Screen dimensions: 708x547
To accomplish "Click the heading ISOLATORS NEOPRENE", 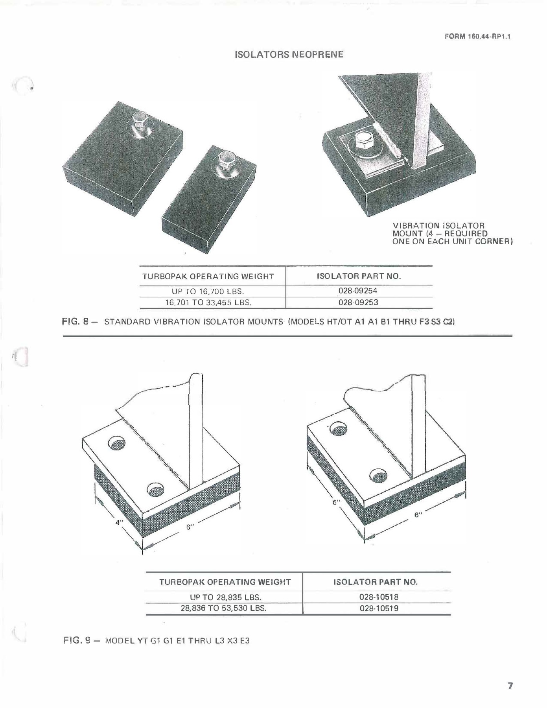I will click(289, 54).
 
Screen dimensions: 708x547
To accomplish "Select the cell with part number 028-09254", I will click(358, 291).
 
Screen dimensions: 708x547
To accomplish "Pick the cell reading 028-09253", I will click(358, 302).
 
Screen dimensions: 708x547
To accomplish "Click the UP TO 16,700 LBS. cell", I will click(208, 291).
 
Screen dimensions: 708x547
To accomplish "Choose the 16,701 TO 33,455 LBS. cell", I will click(208, 302).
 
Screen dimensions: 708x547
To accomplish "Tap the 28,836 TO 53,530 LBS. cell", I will click(223, 608).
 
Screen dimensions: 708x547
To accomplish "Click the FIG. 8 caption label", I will click(79, 322).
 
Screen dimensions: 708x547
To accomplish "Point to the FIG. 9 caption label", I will click(80, 641).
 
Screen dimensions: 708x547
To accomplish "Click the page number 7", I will click(510, 686).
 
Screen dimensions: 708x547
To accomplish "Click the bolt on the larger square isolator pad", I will click(140, 120).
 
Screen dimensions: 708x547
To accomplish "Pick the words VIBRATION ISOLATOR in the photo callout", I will click(438, 226).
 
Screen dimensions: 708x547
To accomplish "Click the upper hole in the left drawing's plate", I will click(116, 444).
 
